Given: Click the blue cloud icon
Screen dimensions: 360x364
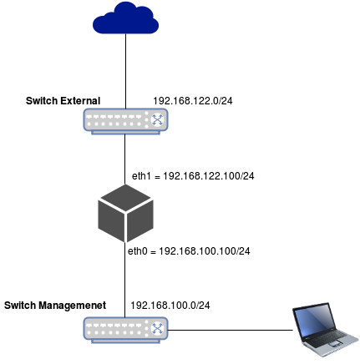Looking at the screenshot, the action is pyautogui.click(x=125, y=18).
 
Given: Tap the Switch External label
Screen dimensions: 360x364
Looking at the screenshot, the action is pyautogui.click(x=63, y=101).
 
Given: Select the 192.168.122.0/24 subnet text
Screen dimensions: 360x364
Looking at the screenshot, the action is pyautogui.click(x=193, y=101).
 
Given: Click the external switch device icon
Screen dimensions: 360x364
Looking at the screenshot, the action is pyautogui.click(x=125, y=121).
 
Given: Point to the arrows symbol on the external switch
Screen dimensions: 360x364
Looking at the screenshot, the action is pyautogui.click(x=158, y=119).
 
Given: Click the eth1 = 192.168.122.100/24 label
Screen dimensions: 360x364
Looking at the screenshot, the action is pyautogui.click(x=193, y=176).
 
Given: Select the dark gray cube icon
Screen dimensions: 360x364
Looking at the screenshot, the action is pyautogui.click(x=125, y=213).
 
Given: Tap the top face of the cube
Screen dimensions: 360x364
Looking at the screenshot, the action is pyautogui.click(x=125, y=198).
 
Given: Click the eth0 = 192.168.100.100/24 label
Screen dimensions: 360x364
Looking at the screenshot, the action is pyautogui.click(x=189, y=251).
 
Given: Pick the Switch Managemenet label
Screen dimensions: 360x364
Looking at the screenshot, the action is pyautogui.click(x=55, y=306).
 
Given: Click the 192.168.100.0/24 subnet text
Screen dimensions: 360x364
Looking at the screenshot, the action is pyautogui.click(x=170, y=306).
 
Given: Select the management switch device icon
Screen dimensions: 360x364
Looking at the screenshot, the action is pyautogui.click(x=125, y=330).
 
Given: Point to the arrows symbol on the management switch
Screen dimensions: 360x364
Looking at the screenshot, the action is pyautogui.click(x=158, y=328).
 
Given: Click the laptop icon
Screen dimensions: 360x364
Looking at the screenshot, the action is pyautogui.click(x=325, y=330).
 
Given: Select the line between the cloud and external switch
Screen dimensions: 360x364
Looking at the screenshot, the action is pyautogui.click(x=125, y=71).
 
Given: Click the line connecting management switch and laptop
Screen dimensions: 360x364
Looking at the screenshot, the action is pyautogui.click(x=231, y=331).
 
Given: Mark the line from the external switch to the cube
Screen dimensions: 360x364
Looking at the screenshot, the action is pyautogui.click(x=124, y=159).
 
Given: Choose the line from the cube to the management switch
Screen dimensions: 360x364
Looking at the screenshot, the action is pyautogui.click(x=124, y=280).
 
